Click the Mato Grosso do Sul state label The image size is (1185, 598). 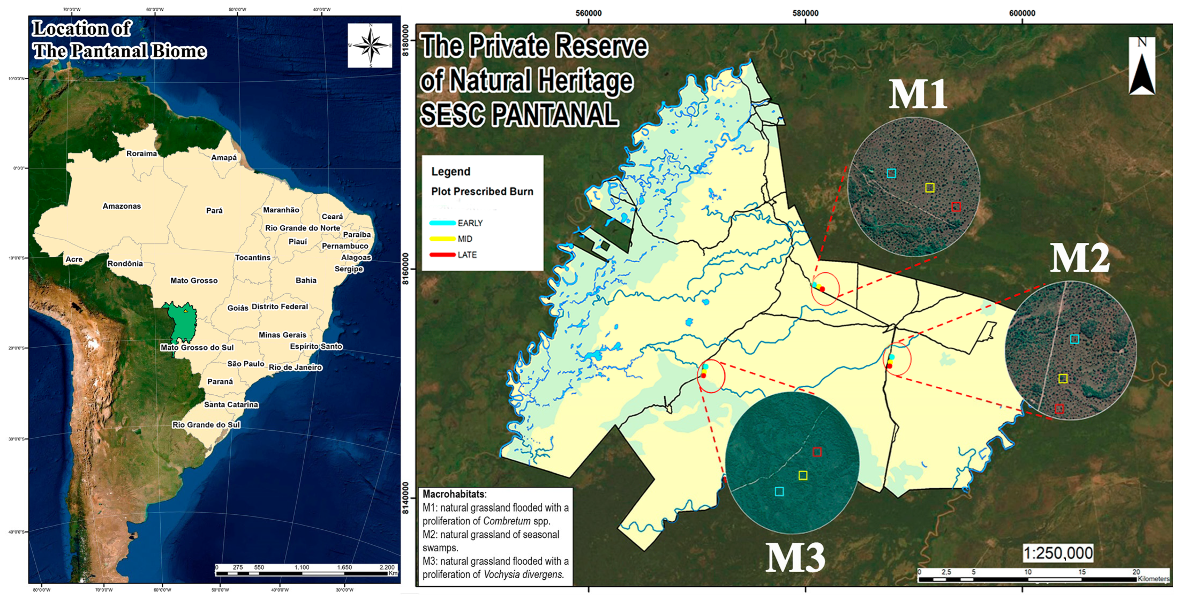(197, 348)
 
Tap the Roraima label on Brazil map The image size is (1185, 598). (142, 153)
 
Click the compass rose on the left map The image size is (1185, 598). (370, 46)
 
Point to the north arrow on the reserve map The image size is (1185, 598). (1142, 67)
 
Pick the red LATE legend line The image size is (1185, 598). (442, 254)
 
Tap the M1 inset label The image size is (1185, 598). (917, 95)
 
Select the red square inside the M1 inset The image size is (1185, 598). (956, 207)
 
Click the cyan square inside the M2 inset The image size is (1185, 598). (1074, 339)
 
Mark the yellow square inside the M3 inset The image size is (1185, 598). (803, 475)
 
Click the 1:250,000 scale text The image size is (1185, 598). (1057, 553)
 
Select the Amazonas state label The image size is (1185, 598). (121, 206)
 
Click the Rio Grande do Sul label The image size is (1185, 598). (206, 425)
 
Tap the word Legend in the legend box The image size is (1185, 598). (450, 172)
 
